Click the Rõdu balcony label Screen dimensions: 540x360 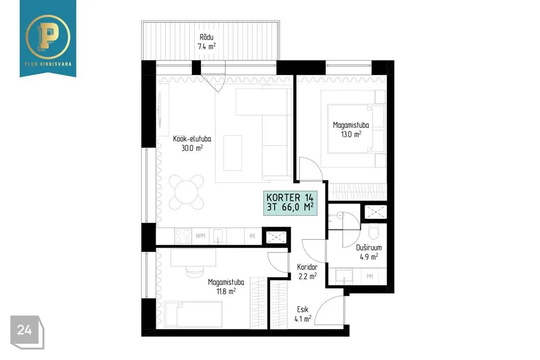tap(206, 37)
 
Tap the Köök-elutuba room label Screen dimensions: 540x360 tap(192, 139)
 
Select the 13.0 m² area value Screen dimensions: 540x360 tap(351, 134)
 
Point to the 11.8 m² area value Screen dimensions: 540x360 tap(226, 291)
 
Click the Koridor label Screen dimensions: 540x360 tap(307, 267)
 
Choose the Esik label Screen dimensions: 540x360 tap(303, 309)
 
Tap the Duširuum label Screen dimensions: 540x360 tap(369, 247)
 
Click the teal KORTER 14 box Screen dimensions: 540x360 tap(290, 203)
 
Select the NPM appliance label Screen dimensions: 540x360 tap(200, 236)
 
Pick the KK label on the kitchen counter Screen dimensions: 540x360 tap(253, 236)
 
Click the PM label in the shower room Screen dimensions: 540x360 tap(370, 276)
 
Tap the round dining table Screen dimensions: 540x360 tap(186, 192)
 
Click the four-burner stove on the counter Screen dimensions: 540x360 tap(183, 236)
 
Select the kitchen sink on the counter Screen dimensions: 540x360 tap(218, 236)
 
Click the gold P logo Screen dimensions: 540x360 tap(48, 36)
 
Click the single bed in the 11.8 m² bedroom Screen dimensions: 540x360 tap(193, 314)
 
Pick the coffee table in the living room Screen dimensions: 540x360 tap(232, 153)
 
